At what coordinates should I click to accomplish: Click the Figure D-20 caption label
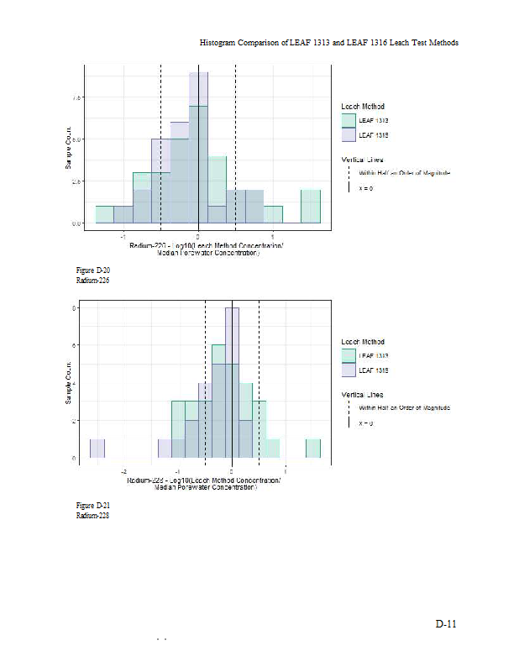[93, 270]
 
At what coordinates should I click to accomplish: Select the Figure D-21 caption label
[93, 505]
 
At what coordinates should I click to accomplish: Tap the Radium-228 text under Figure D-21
[93, 515]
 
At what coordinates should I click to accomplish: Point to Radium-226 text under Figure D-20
[93, 280]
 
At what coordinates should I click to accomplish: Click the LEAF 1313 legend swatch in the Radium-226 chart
[349, 120]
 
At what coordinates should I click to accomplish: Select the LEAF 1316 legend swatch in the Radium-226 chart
[349, 134]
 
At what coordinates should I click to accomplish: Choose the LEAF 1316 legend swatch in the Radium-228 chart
[349, 370]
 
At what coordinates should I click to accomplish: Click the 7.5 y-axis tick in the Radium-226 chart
[76, 97]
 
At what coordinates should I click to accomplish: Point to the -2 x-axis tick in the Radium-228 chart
[124, 471]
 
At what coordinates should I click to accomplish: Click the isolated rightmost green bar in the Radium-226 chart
[311, 207]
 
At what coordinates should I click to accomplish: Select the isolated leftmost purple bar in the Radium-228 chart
[97, 449]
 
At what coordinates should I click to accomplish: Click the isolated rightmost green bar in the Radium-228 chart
[313, 449]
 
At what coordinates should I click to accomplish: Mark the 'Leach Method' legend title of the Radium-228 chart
[363, 342]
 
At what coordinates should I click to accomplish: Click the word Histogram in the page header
[219, 42]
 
